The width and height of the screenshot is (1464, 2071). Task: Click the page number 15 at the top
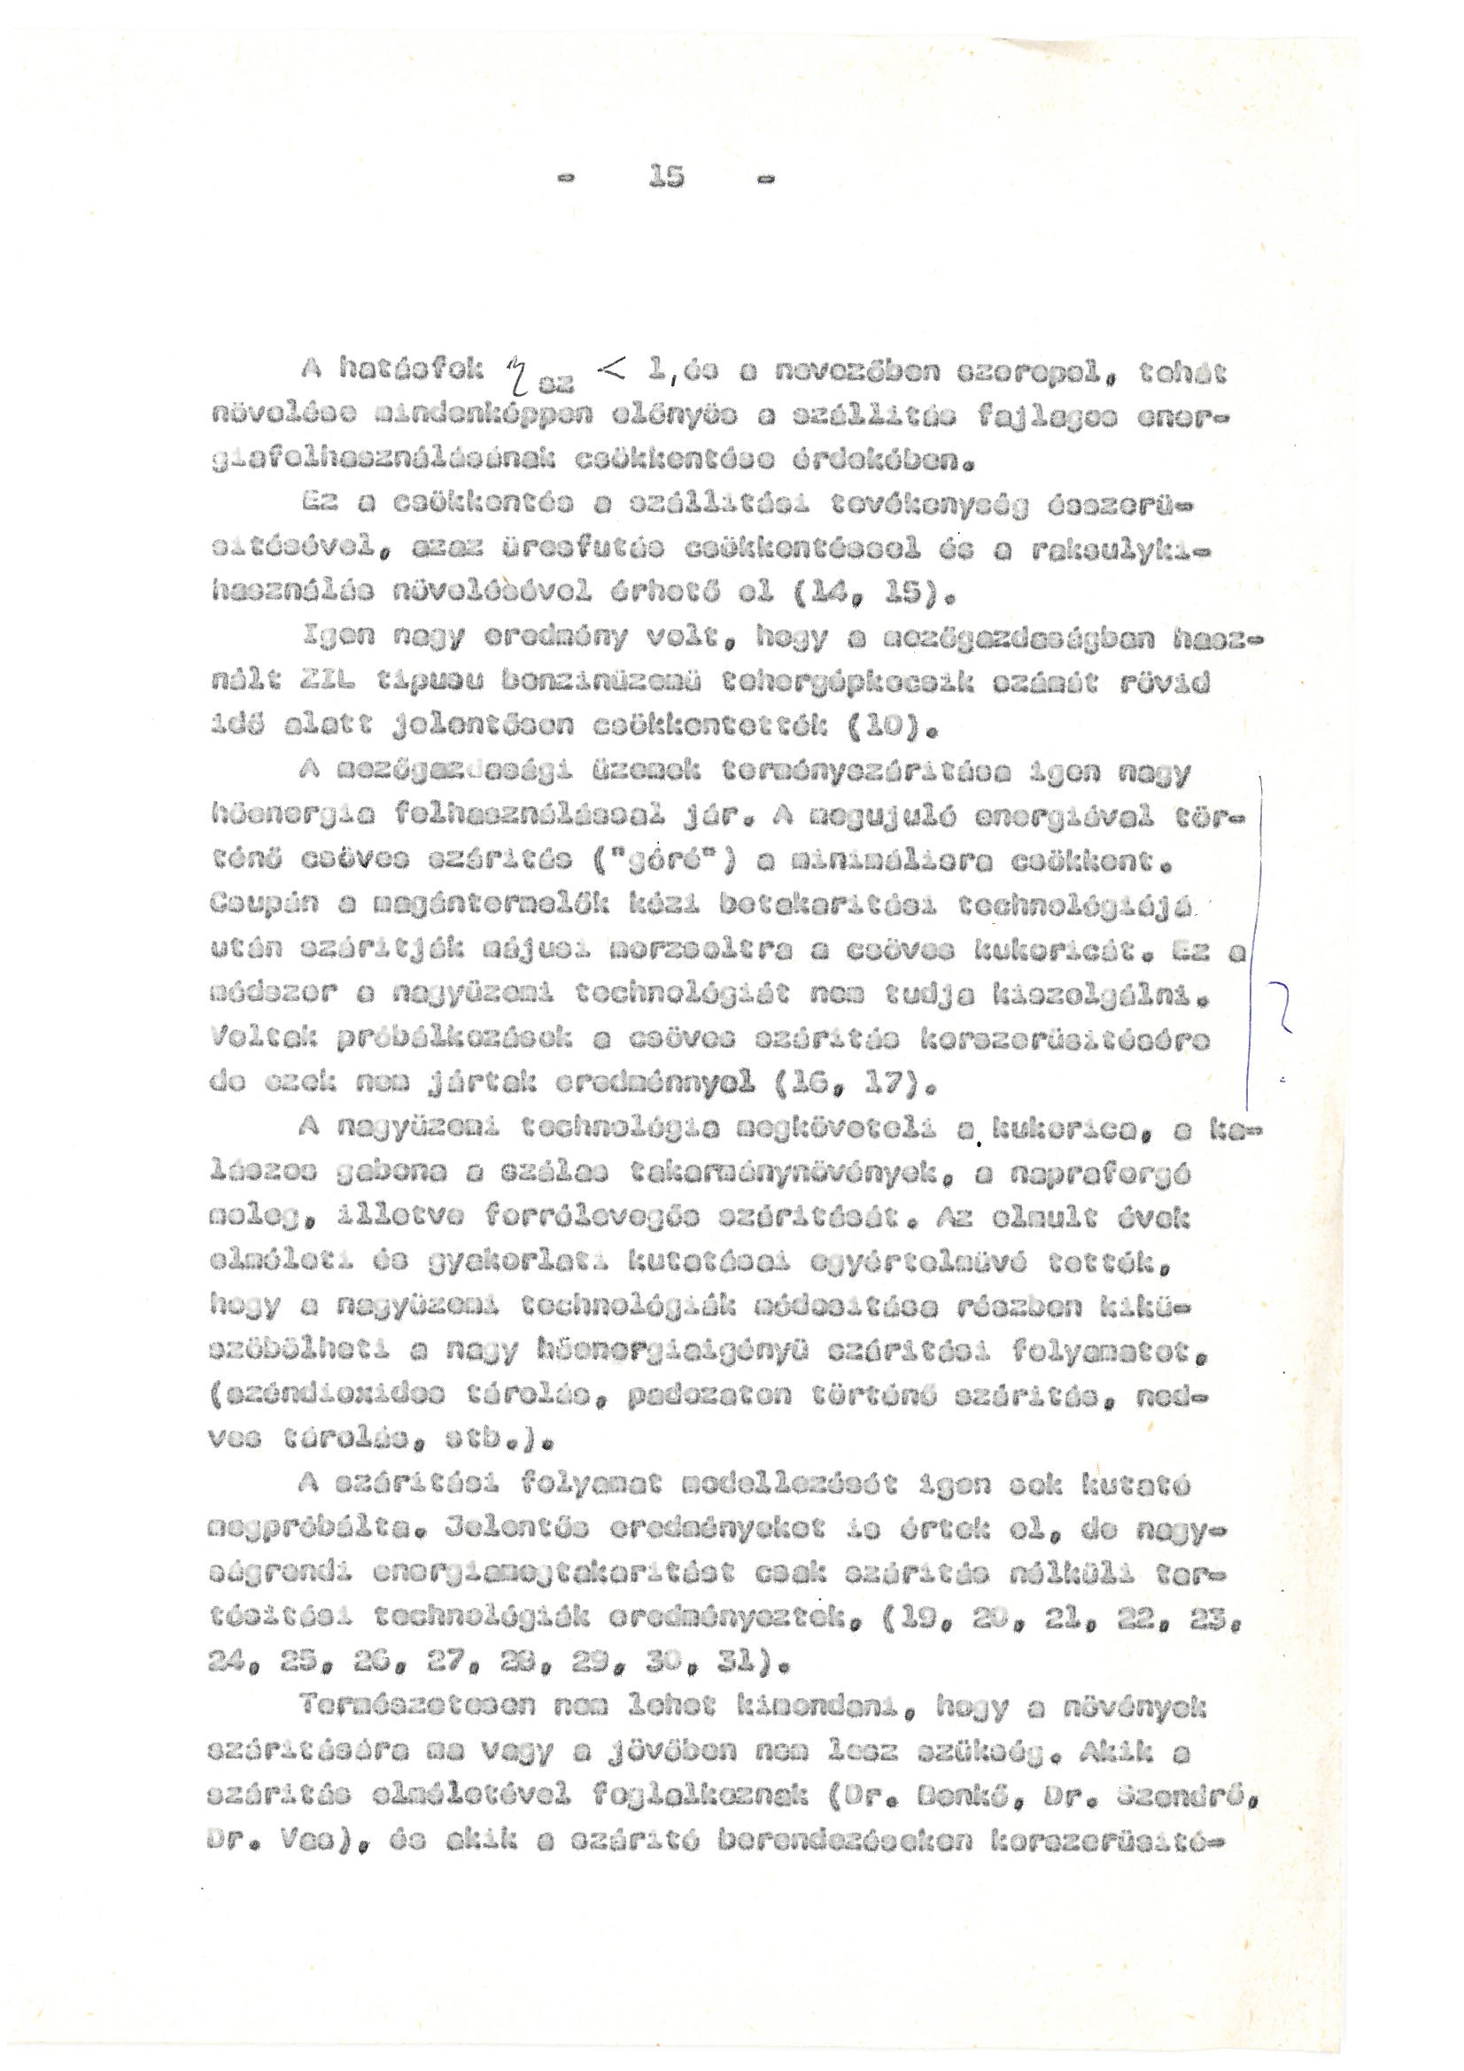[x=666, y=178]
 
